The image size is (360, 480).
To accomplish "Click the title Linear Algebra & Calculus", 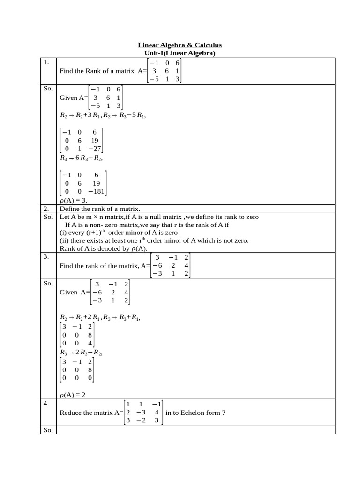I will pyautogui.click(x=180, y=45).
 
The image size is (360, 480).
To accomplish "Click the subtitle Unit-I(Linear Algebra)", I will pyautogui.click(x=180, y=53).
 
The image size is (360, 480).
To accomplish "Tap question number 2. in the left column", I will pyautogui.click(x=46, y=209).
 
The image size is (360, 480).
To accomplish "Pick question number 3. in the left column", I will pyautogui.click(x=46, y=256).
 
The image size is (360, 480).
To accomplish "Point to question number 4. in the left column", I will pyautogui.click(x=46, y=403).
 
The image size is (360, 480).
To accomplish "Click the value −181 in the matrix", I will pyautogui.click(x=94, y=192).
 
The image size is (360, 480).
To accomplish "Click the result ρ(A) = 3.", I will pyautogui.click(x=74, y=200).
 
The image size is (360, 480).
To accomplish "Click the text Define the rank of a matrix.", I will pyautogui.click(x=100, y=209).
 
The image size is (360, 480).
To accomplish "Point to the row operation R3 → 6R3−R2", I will pyautogui.click(x=81, y=158).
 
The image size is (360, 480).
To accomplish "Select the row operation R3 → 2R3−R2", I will pyautogui.click(x=81, y=352).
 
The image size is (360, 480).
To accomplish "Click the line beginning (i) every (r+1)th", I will pyautogui.click(x=119, y=232).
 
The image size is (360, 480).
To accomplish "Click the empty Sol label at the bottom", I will pyautogui.click(x=48, y=430).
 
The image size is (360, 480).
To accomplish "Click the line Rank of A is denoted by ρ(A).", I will pyautogui.click(x=104, y=248).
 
